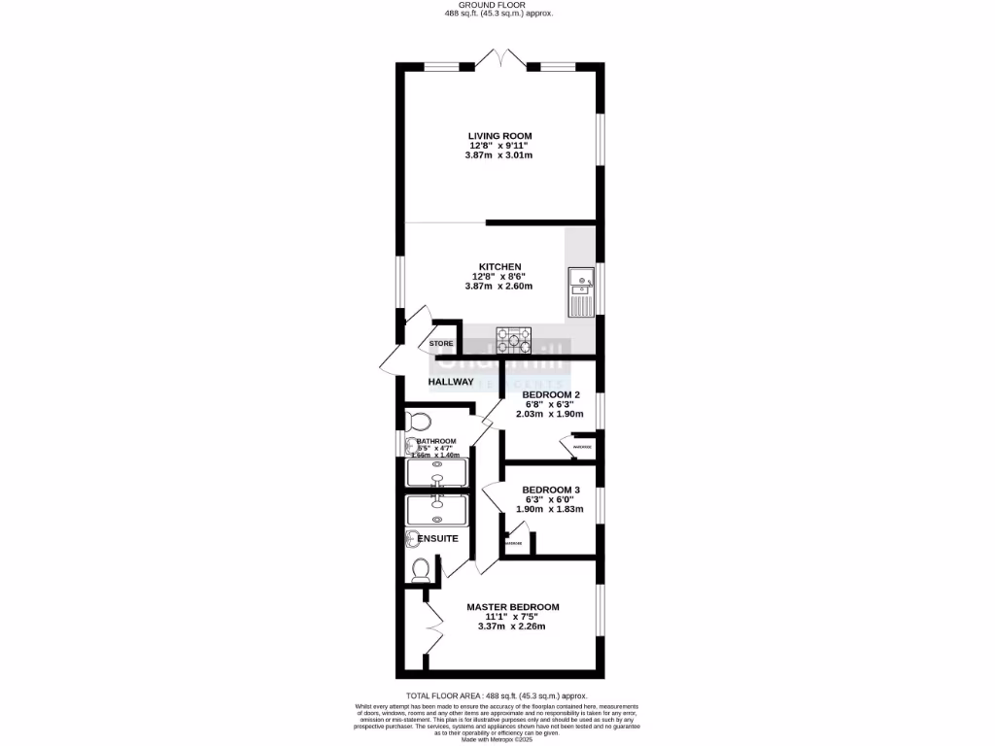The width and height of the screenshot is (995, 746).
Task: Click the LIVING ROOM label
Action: [499, 136]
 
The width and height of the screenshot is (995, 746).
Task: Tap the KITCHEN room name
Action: [500, 267]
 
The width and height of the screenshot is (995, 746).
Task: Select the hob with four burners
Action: [514, 340]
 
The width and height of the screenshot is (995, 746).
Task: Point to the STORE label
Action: [442, 344]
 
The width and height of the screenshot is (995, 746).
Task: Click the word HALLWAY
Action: [451, 382]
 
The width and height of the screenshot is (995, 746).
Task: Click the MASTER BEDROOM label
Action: [512, 607]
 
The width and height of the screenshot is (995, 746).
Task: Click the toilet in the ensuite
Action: [421, 569]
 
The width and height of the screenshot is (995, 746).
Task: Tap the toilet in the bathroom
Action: [419, 422]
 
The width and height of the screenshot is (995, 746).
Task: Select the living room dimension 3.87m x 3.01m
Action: [499, 155]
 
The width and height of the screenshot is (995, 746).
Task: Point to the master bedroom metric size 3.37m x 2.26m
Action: [512, 627]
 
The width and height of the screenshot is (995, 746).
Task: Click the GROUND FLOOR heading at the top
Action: [497, 5]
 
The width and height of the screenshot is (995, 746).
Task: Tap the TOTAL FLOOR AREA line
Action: [497, 695]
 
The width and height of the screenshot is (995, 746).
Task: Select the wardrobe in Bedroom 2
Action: [577, 446]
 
